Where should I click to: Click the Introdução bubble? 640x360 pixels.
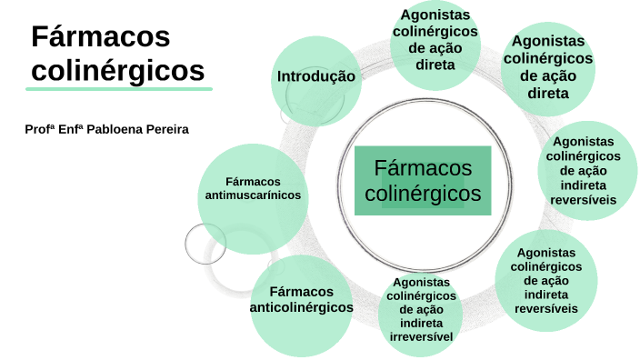tap(315, 76)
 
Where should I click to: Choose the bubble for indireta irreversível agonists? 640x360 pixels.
tap(421, 311)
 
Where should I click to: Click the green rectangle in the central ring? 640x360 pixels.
tap(423, 180)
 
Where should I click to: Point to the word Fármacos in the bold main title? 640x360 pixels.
tap(101, 37)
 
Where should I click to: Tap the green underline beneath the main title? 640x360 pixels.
tap(118, 89)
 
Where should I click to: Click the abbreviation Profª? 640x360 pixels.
tap(40, 130)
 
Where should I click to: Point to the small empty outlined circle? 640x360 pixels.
tap(205, 243)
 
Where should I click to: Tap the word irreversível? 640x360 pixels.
tap(422, 337)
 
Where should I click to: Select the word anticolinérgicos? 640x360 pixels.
tap(302, 307)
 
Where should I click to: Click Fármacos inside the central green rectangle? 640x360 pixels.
tap(423, 168)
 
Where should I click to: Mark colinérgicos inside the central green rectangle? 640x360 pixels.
tap(423, 193)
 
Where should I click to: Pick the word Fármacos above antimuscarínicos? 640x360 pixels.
tap(253, 182)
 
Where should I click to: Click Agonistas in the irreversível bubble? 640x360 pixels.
tap(422, 283)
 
